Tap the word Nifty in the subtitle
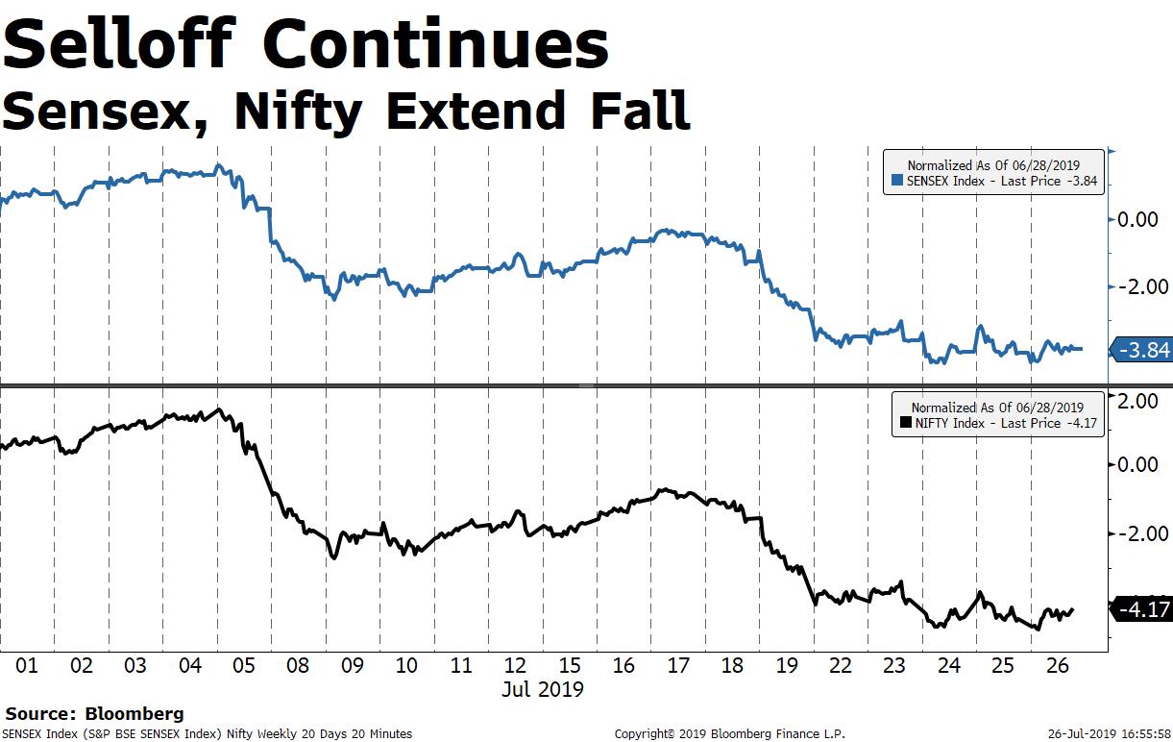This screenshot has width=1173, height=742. [x=297, y=111]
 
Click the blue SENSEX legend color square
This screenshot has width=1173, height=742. [x=897, y=180]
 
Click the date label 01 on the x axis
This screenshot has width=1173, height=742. [x=27, y=665]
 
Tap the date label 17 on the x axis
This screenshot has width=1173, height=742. [x=678, y=665]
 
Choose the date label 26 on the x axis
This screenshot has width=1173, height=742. [x=1058, y=665]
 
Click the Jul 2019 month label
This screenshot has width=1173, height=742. [x=544, y=689]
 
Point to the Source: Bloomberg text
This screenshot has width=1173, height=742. [x=94, y=714]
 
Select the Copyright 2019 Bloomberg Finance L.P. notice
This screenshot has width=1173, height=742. [x=730, y=734]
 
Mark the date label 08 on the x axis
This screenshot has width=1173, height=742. [x=299, y=665]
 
